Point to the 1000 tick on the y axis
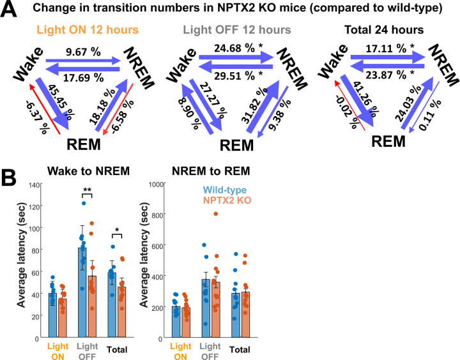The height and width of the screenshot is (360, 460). coord(155,184)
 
